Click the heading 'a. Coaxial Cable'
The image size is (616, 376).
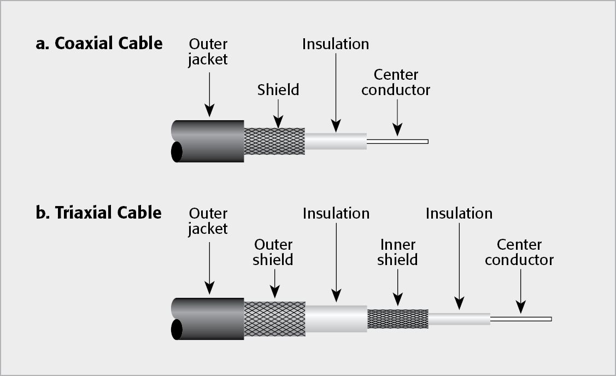[99, 44]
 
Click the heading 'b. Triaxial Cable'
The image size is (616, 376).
[98, 213]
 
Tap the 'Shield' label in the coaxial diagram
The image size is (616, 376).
[278, 90]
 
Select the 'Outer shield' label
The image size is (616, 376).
[273, 252]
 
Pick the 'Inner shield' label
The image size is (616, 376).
[397, 252]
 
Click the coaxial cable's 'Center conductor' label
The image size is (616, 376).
[396, 82]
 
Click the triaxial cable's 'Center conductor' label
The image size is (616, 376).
[519, 252]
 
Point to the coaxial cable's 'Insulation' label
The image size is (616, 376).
[336, 44]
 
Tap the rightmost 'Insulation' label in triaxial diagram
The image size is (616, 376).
[459, 213]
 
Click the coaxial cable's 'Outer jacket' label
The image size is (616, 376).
[208, 52]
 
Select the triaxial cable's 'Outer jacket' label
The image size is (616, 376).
[208, 221]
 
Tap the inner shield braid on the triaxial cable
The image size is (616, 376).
[397, 319]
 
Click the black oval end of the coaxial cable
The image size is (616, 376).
[177, 152]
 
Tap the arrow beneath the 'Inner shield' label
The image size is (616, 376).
[397, 287]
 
